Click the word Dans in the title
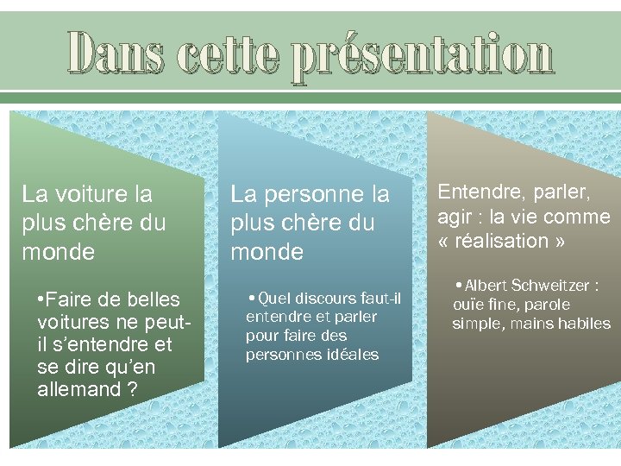pos(116,54)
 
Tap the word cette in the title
pos(229,54)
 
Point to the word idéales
pos(350,355)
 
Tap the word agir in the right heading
pos(455,217)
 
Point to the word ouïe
pos(469,305)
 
